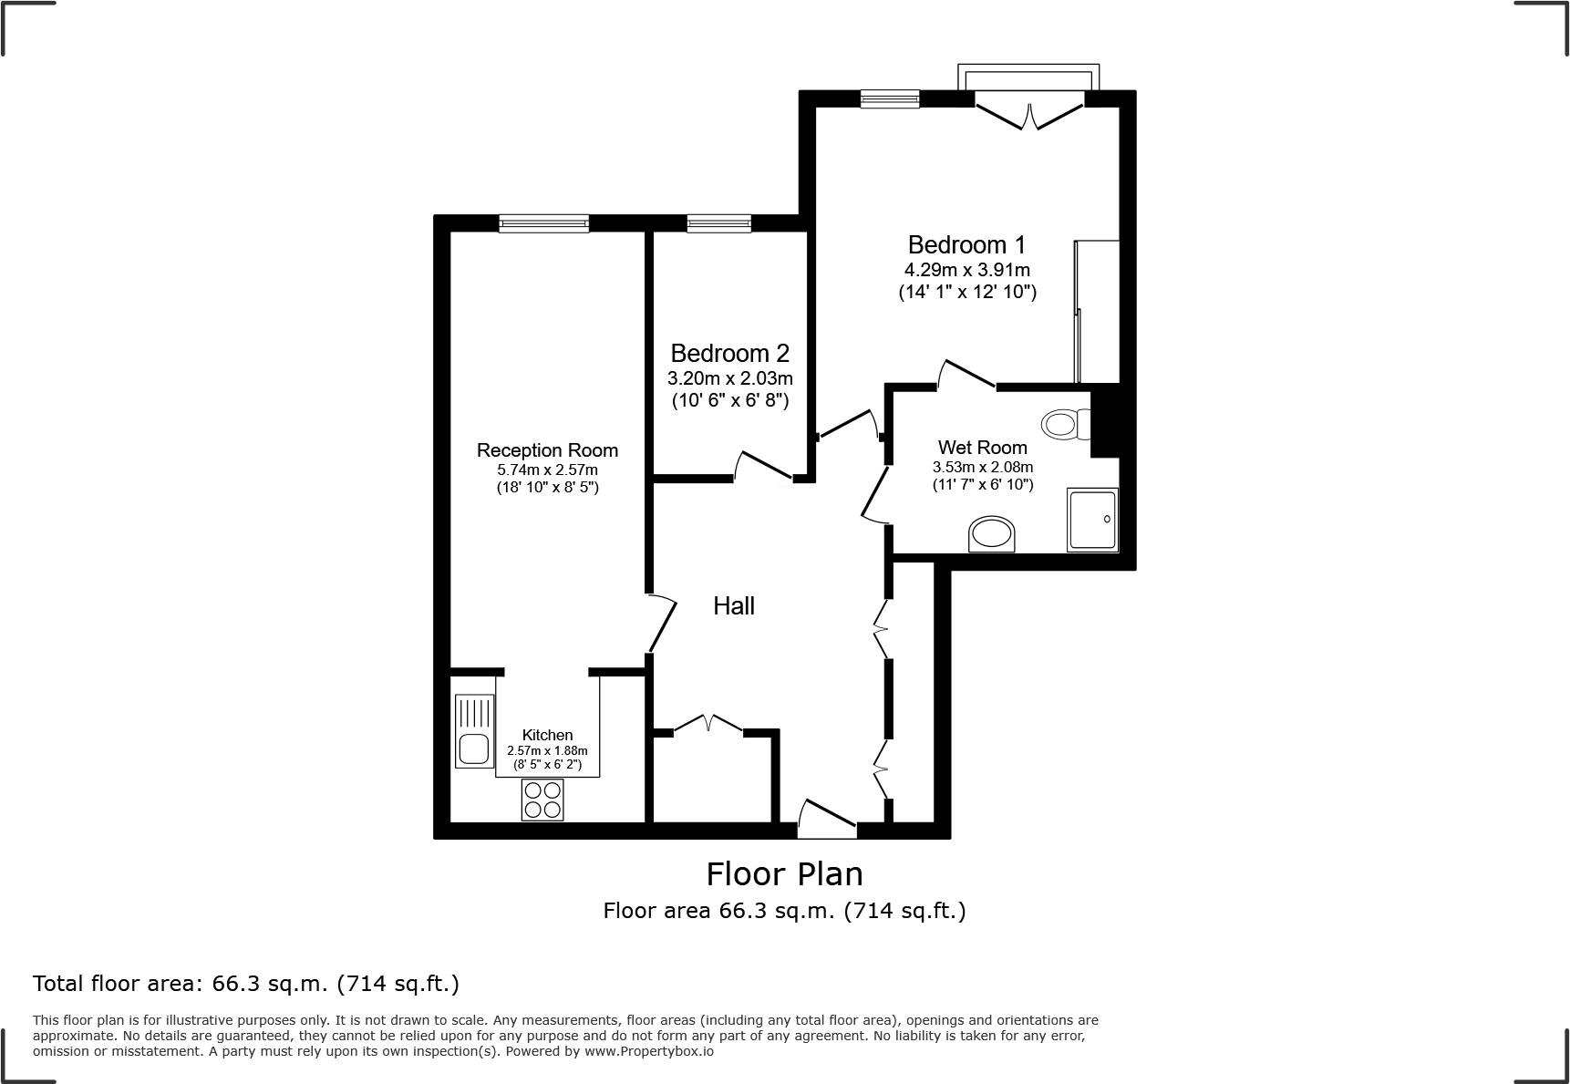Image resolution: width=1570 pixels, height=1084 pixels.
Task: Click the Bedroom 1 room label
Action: click(966, 245)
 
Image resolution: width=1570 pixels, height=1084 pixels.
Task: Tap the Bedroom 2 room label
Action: click(729, 354)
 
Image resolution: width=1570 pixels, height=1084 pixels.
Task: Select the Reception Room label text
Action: click(547, 450)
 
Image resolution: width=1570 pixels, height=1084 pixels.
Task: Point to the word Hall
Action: click(734, 606)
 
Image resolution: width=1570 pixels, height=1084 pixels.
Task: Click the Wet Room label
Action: click(982, 448)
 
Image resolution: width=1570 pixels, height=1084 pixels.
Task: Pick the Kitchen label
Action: click(547, 735)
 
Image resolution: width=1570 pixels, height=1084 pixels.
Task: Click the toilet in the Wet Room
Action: click(1065, 424)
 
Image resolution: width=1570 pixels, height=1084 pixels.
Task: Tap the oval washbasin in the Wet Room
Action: click(992, 534)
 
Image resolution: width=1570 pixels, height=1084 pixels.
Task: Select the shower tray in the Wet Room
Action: click(1092, 521)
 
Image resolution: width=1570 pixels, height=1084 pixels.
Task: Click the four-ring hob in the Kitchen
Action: click(542, 800)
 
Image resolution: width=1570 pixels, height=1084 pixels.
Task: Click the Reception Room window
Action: click(544, 223)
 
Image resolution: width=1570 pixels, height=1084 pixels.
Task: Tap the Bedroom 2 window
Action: click(719, 223)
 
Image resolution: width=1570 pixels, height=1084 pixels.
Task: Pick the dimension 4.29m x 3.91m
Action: click(966, 271)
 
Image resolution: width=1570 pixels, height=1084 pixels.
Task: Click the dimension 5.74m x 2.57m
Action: click(547, 470)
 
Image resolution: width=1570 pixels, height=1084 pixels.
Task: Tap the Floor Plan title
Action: click(784, 874)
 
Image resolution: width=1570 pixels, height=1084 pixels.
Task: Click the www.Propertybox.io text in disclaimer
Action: click(648, 1051)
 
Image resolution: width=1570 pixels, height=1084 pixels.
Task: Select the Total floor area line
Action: click(246, 984)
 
